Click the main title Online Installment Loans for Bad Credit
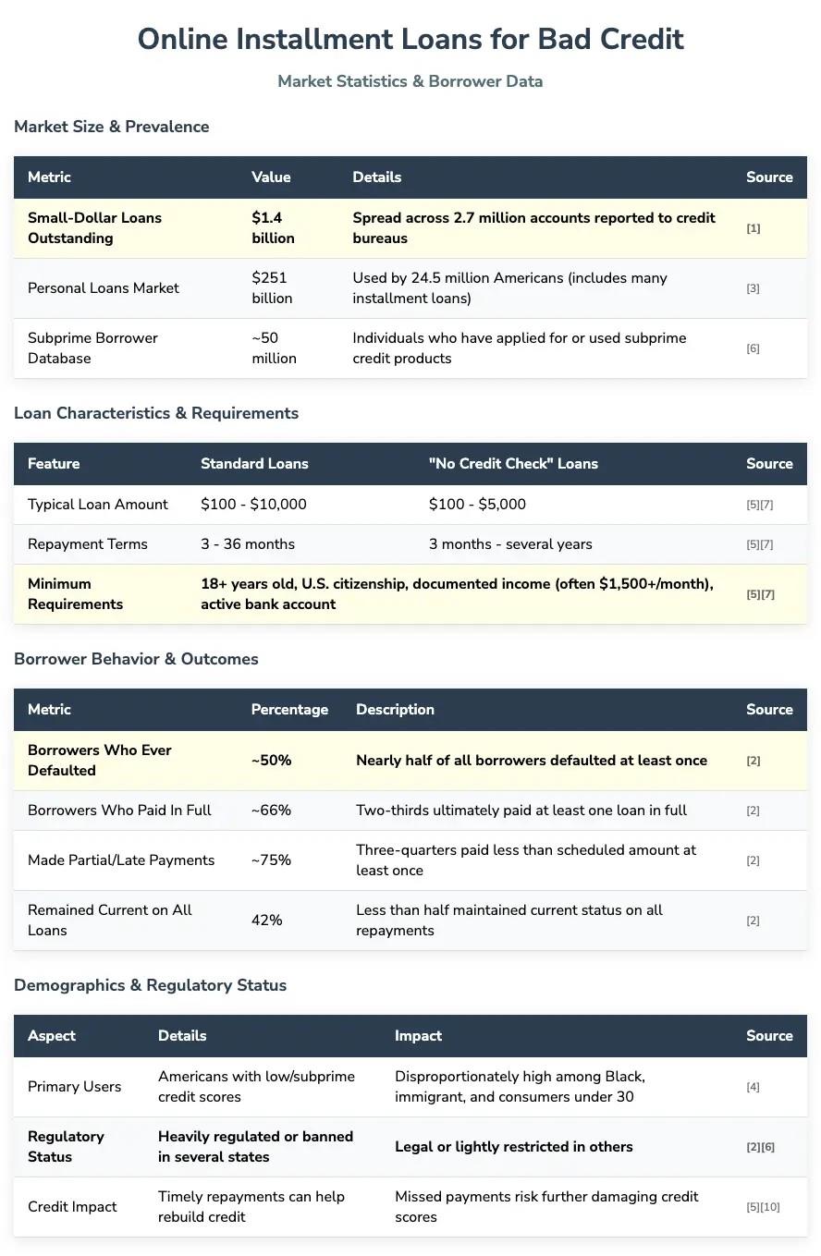click(x=410, y=39)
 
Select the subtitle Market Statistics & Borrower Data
click(x=410, y=81)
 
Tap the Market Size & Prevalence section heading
click(x=112, y=127)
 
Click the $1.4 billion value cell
click(x=273, y=228)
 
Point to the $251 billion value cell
click(x=272, y=288)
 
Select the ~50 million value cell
click(x=274, y=348)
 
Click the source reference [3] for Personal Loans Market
click(x=753, y=288)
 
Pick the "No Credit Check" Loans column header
click(x=513, y=464)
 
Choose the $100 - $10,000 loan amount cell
click(x=253, y=505)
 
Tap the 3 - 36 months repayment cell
click(x=248, y=544)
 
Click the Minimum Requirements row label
click(x=75, y=594)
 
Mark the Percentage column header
click(x=289, y=710)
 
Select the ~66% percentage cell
click(x=271, y=811)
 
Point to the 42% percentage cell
click(x=267, y=921)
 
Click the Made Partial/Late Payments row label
click(x=121, y=860)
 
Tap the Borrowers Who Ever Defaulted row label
click(x=100, y=761)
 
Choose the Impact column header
click(x=418, y=1036)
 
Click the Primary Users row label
click(x=74, y=1087)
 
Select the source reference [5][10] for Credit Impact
click(x=763, y=1207)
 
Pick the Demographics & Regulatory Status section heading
click(x=150, y=985)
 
